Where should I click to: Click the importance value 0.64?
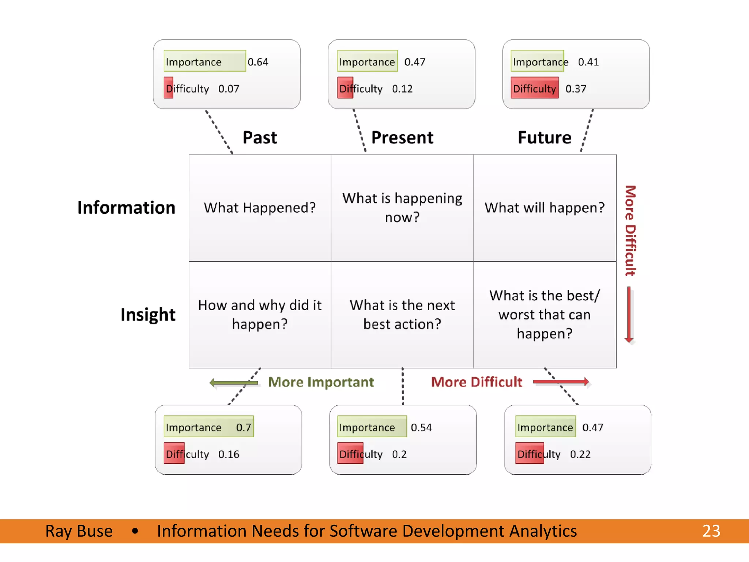click(x=258, y=62)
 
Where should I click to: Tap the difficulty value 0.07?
click(x=229, y=89)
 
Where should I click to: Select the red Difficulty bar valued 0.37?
click(x=534, y=88)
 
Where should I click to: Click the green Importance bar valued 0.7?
click(x=208, y=427)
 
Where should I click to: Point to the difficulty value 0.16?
click(x=229, y=454)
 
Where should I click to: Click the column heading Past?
click(x=260, y=138)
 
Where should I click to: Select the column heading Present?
click(x=402, y=138)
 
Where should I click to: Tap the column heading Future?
click(x=545, y=138)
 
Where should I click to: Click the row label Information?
click(x=126, y=207)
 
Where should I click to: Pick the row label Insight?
click(x=148, y=314)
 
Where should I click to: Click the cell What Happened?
click(x=260, y=208)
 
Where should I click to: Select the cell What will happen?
click(x=545, y=208)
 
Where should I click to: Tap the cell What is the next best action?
click(x=402, y=315)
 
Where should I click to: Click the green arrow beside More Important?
click(x=234, y=383)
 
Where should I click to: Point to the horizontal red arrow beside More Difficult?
click(x=561, y=382)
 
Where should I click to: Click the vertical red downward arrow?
click(x=629, y=315)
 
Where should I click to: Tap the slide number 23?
click(x=711, y=531)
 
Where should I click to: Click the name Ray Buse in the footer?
click(x=79, y=531)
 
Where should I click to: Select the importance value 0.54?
click(x=421, y=427)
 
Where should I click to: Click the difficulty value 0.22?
click(x=580, y=454)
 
